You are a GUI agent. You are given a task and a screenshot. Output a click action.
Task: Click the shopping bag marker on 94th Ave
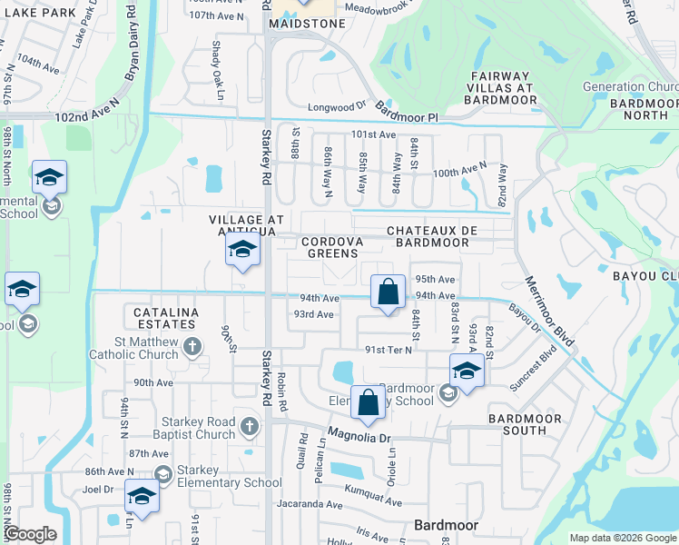388,293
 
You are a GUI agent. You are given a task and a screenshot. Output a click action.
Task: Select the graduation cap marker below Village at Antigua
242,252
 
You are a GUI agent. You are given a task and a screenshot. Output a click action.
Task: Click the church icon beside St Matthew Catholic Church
192,346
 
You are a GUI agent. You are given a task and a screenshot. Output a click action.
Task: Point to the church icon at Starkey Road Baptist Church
251,425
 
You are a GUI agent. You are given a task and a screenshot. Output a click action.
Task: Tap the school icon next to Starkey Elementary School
162,474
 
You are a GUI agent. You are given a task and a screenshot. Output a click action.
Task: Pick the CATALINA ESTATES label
164,317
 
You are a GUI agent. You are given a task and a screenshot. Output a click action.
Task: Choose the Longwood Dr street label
336,106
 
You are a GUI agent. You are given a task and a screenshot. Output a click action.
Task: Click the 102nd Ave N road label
87,118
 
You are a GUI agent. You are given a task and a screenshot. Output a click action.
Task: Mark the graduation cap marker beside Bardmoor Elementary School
466,372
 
